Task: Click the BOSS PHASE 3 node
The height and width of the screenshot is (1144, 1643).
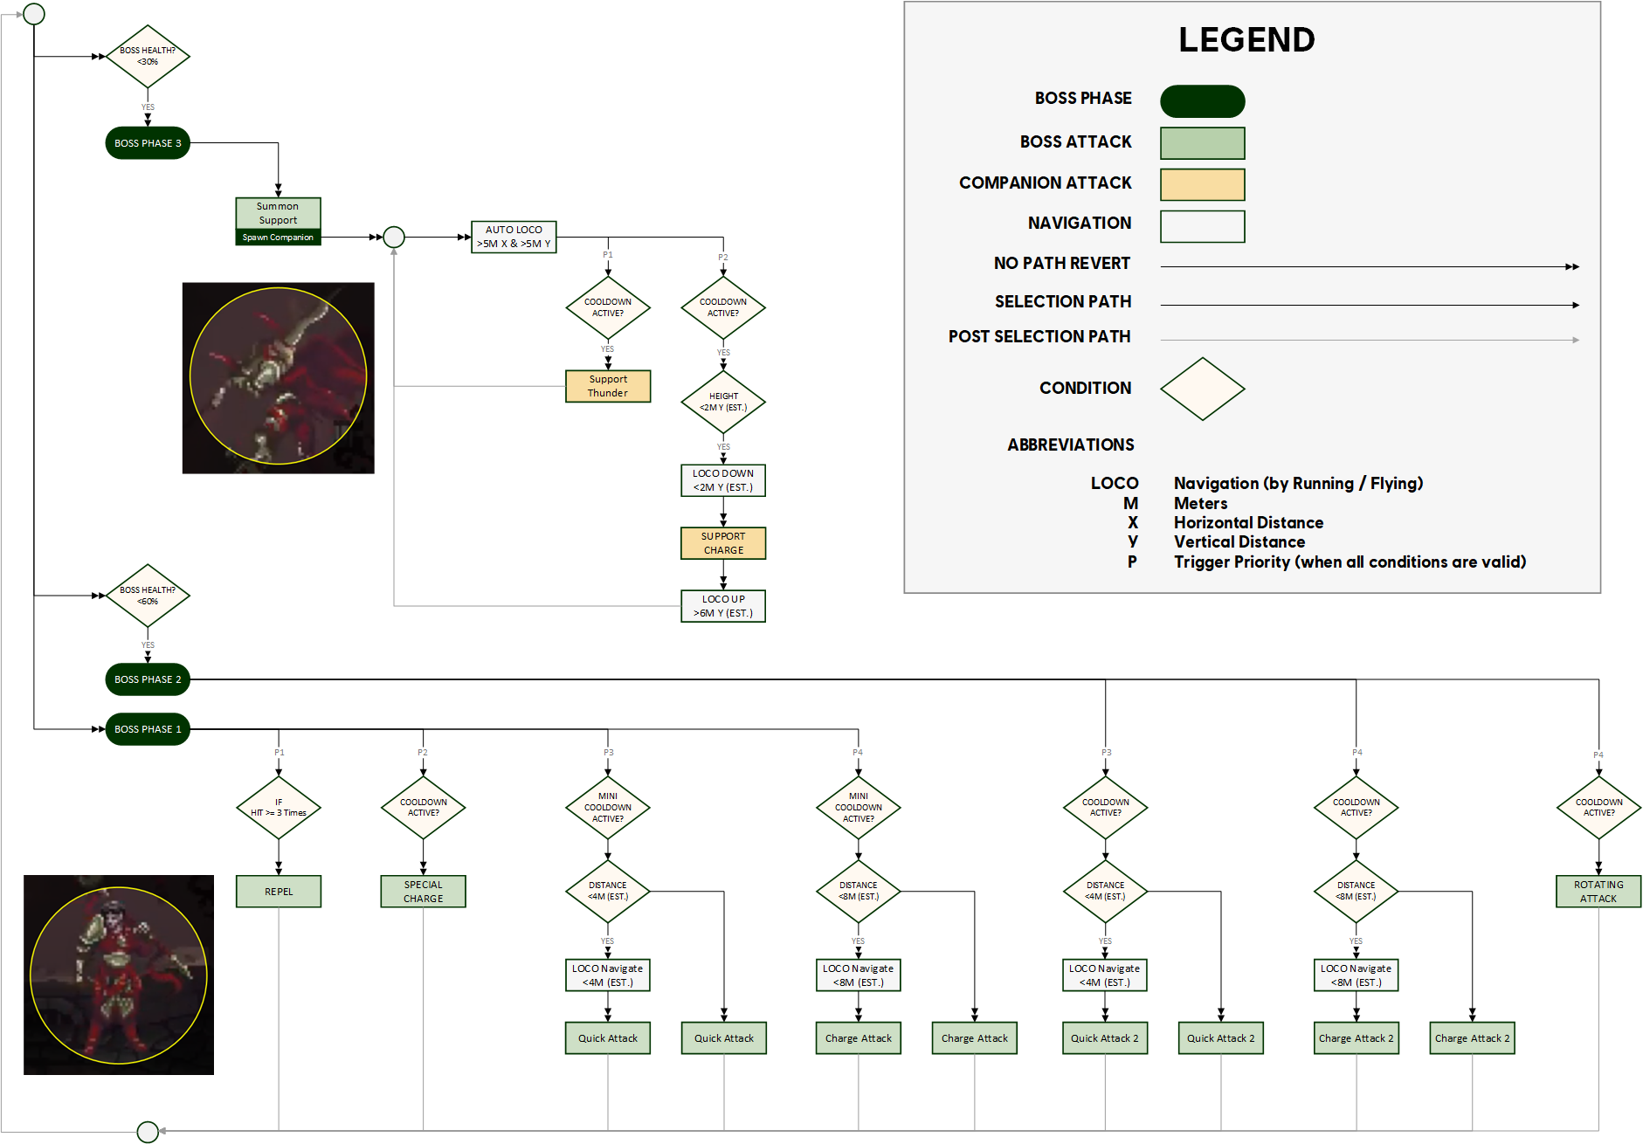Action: click(148, 143)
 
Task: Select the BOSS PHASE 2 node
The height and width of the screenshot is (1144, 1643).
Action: click(148, 679)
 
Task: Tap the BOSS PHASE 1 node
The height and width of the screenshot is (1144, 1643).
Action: click(148, 729)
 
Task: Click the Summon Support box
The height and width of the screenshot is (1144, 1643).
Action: click(278, 214)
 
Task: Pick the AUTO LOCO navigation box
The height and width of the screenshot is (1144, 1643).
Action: click(514, 237)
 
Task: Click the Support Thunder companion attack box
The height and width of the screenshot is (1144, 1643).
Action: click(608, 386)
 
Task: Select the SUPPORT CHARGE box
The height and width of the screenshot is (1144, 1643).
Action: click(723, 543)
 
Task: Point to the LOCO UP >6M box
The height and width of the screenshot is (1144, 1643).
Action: click(723, 606)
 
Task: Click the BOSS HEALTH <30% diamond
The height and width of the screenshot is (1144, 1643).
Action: click(148, 57)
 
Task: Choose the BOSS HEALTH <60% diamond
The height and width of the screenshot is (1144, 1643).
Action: click(148, 596)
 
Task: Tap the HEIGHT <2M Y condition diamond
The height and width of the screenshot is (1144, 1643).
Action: click(723, 402)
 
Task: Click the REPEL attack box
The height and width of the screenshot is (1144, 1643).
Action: click(279, 892)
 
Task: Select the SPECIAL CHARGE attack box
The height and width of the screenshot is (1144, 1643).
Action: click(423, 892)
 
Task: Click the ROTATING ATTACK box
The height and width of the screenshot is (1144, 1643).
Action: click(1598, 892)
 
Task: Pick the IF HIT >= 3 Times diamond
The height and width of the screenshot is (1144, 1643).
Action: click(279, 808)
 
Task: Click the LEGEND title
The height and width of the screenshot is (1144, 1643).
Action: click(1246, 40)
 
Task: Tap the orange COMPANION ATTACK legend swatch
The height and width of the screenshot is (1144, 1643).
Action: click(1202, 184)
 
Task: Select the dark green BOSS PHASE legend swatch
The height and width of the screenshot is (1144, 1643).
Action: click(1202, 101)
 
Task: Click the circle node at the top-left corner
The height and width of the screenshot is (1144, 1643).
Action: click(34, 14)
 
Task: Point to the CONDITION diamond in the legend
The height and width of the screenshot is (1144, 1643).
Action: click(1202, 389)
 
